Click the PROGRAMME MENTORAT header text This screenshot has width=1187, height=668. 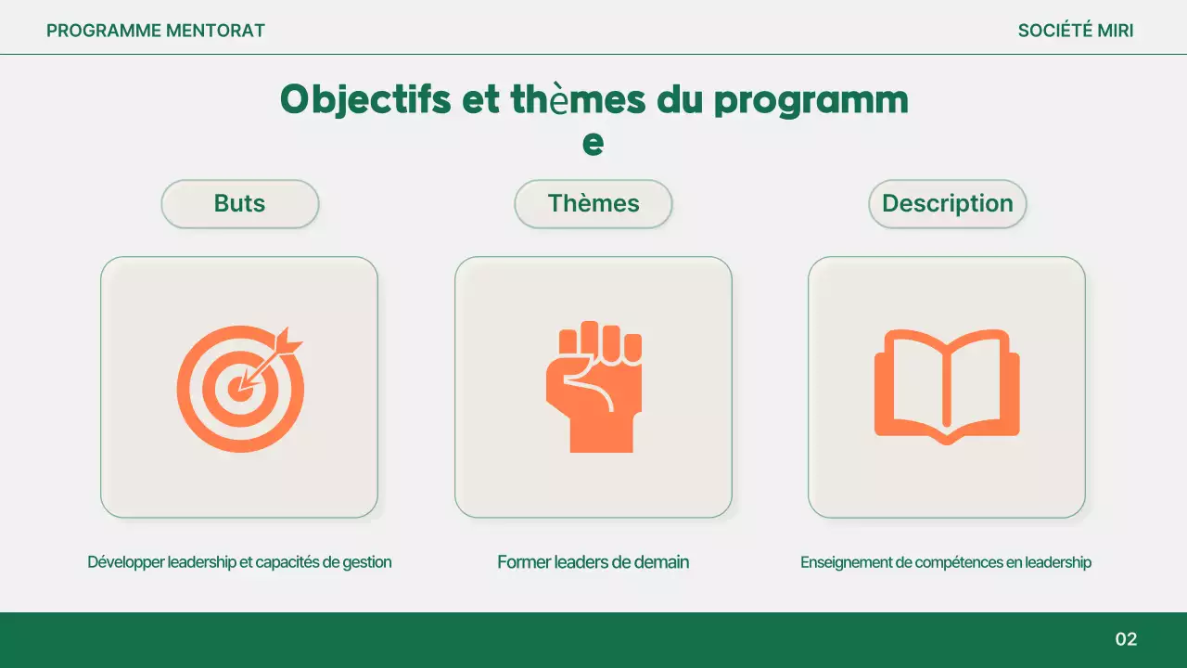click(156, 31)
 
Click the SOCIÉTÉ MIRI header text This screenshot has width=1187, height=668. click(1076, 31)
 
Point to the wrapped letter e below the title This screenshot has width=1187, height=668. click(593, 144)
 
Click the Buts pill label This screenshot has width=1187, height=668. click(239, 204)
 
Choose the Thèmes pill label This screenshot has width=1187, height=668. click(593, 204)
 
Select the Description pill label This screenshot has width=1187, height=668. click(947, 204)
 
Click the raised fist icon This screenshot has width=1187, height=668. click(593, 387)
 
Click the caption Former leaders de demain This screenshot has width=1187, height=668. click(593, 562)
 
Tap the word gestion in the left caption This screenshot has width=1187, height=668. click(367, 562)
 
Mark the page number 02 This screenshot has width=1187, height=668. click(1126, 639)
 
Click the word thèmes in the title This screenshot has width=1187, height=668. click(579, 100)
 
